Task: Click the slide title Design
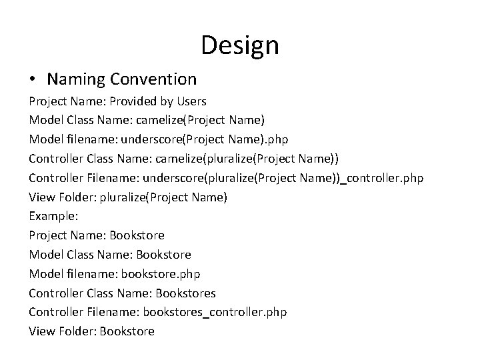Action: [x=239, y=45]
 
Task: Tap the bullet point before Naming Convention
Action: [x=33, y=80]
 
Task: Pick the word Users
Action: [x=191, y=101]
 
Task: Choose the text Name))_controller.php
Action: [x=361, y=178]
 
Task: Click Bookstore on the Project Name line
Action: [x=137, y=235]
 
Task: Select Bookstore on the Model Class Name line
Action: [x=163, y=255]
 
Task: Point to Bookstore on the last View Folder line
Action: [x=127, y=331]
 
